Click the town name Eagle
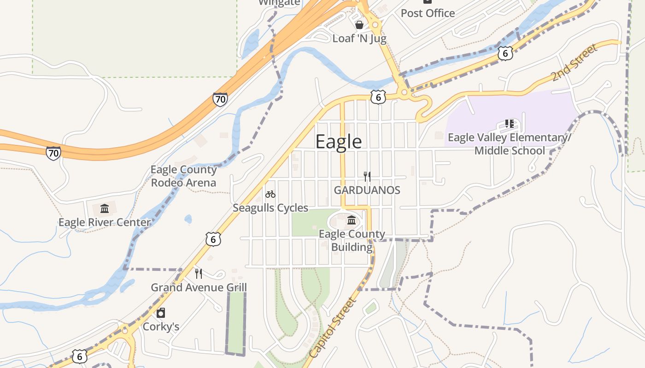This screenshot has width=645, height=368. [x=339, y=142]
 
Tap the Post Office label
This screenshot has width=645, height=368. [x=428, y=13]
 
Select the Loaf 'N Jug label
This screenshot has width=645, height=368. [x=359, y=38]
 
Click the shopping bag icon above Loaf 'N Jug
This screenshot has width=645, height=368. [x=359, y=24]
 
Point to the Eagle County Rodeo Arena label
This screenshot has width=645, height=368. [x=183, y=176]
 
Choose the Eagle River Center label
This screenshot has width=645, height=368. [x=105, y=223]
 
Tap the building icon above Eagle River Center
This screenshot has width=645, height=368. [x=105, y=209]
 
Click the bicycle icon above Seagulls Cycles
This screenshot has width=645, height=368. [x=270, y=194]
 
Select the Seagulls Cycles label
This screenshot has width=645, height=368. [x=270, y=208]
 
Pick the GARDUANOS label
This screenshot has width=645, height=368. [x=367, y=190]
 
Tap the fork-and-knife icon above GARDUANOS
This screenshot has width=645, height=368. [x=367, y=176]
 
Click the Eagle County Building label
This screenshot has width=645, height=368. [x=352, y=241]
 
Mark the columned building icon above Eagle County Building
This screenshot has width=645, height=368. [x=352, y=221]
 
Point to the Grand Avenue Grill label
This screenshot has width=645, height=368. [x=199, y=287]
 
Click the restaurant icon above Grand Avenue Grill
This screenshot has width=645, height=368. [x=199, y=274]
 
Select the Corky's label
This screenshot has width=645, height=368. [x=161, y=327]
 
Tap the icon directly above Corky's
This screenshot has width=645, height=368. [x=161, y=313]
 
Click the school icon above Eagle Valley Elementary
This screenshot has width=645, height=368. [x=510, y=124]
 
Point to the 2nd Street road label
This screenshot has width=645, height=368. [x=574, y=63]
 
